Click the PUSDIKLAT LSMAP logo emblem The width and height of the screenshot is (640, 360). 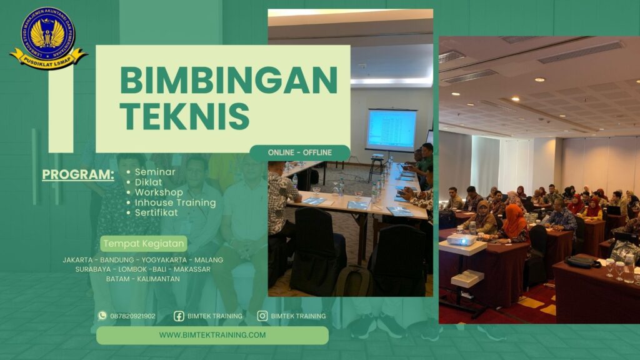click(48, 37)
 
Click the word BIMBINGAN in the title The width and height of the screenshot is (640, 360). click(228, 80)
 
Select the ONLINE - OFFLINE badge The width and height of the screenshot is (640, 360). click(299, 152)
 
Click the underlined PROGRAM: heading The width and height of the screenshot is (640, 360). click(78, 174)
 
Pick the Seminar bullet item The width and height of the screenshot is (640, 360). click(155, 172)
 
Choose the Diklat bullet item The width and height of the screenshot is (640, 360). click(149, 182)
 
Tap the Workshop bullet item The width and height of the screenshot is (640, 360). click(159, 192)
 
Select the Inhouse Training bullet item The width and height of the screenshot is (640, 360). click(175, 202)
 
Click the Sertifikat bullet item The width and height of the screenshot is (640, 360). click(156, 212)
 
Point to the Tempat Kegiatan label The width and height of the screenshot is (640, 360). click(143, 243)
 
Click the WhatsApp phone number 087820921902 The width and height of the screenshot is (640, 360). click(132, 316)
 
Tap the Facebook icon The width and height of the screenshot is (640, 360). click(179, 316)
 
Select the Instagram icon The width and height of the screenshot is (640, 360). click(262, 316)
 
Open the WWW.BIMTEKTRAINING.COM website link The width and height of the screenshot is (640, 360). click(212, 335)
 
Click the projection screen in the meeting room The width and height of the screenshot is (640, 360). click(391, 130)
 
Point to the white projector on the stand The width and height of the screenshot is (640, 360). click(461, 239)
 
